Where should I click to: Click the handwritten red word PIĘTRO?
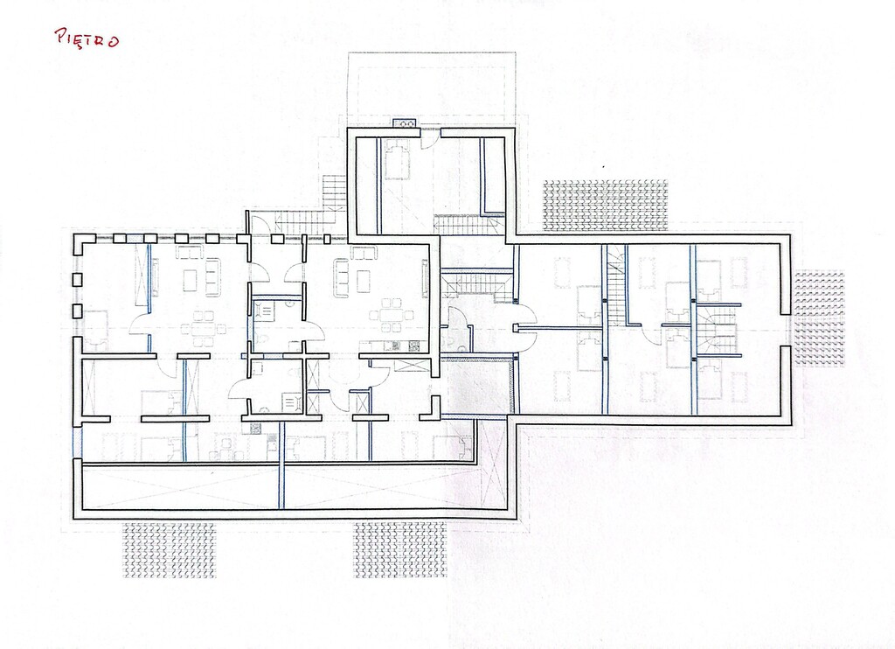[87, 38]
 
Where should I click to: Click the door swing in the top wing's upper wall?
[430, 139]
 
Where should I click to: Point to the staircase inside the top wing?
[468, 224]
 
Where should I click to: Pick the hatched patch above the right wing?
[605, 206]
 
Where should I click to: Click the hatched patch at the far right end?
[820, 318]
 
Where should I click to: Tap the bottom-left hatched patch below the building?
[170, 549]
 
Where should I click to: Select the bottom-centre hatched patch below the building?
[399, 549]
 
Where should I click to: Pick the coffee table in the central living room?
[363, 279]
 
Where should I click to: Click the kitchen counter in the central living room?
[395, 345]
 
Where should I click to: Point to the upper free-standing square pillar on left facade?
[77, 280]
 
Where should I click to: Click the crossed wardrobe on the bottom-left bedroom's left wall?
[89, 388]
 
